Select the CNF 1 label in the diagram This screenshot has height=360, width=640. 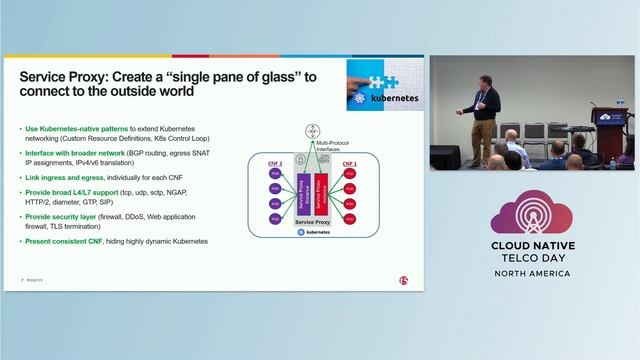click(x=349, y=162)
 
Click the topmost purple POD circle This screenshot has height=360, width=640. click(x=273, y=173)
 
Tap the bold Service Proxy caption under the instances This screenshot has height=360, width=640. click(x=311, y=221)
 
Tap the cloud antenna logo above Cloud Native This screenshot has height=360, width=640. click(x=530, y=211)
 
